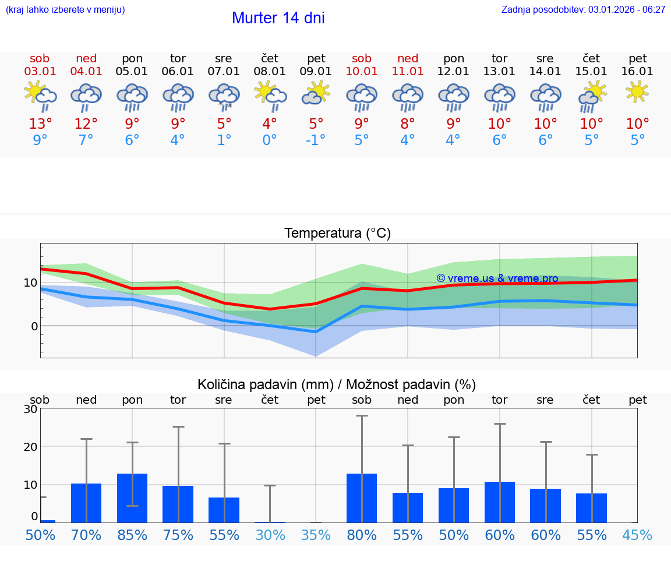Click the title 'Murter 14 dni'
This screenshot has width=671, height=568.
tap(278, 18)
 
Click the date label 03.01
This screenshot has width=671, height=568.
tap(40, 72)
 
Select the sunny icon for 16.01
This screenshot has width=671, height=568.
tap(637, 91)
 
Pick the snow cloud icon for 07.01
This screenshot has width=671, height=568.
tap(224, 97)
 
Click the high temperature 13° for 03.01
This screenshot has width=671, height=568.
tap(40, 124)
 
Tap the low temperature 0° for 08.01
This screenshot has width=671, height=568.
tap(270, 140)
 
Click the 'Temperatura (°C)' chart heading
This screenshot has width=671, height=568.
tap(337, 234)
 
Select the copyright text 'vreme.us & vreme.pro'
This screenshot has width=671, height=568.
tap(497, 278)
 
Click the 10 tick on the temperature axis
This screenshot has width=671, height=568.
tap(30, 283)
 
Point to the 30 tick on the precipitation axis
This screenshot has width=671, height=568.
tap(30, 409)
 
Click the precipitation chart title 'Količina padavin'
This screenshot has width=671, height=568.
tap(337, 384)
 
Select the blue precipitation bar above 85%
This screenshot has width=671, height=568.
tap(132, 498)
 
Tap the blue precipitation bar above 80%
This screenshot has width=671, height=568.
tap(362, 498)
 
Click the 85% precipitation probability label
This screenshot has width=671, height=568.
tap(132, 535)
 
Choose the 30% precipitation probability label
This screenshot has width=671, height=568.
tap(270, 535)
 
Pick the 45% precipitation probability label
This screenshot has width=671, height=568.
tap(637, 535)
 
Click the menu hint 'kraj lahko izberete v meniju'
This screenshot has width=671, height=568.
tap(65, 9)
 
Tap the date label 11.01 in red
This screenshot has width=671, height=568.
tap(408, 72)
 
